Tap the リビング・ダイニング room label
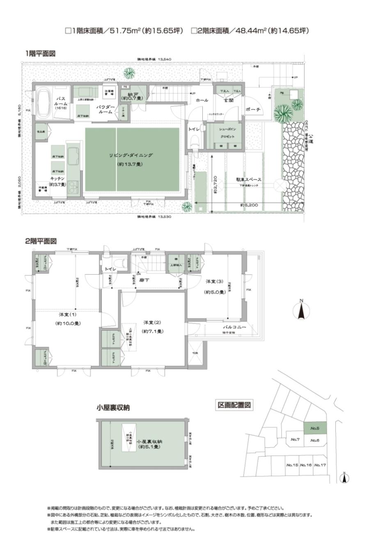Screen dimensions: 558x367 pos(131,155)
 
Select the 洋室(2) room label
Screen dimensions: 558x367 pos(152,322)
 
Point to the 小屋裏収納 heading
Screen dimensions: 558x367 pos(113,408)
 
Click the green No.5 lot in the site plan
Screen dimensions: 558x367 pos(315,428)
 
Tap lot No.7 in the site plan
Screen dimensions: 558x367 pos(296,439)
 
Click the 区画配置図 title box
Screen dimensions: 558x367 pos(234,405)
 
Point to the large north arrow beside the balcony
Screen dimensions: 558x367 pos(302,310)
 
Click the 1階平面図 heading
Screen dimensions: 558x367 pos(40,53)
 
